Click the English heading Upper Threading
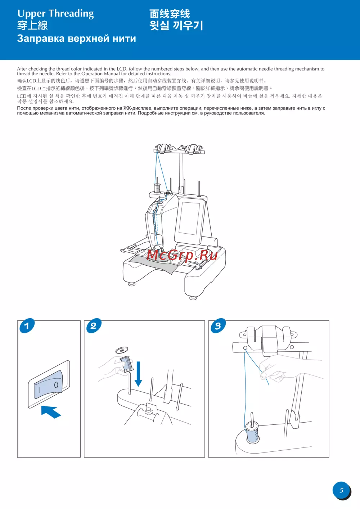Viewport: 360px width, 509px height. click(55, 14)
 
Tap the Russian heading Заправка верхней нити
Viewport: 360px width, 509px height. click(77, 38)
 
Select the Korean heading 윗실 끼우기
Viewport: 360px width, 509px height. click(176, 25)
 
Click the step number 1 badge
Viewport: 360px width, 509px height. click(27, 326)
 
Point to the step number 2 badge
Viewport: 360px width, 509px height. click(94, 326)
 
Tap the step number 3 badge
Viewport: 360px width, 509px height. click(218, 326)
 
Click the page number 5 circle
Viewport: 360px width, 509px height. click(342, 490)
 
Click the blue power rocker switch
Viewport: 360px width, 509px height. click(48, 384)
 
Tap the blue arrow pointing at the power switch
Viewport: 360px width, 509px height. click(51, 412)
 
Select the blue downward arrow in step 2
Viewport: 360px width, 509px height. click(138, 374)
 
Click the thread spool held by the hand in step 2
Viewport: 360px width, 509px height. click(126, 364)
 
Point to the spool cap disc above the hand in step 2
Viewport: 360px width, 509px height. click(122, 350)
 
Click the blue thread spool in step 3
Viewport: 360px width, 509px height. click(253, 432)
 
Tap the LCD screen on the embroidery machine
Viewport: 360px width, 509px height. click(189, 219)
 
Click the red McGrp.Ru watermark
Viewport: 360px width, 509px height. click(182, 255)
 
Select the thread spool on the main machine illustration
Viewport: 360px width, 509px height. click(157, 188)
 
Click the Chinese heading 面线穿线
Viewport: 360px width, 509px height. click(170, 14)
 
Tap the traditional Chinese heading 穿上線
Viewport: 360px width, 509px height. click(32, 26)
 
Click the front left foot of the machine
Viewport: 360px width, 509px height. click(131, 284)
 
